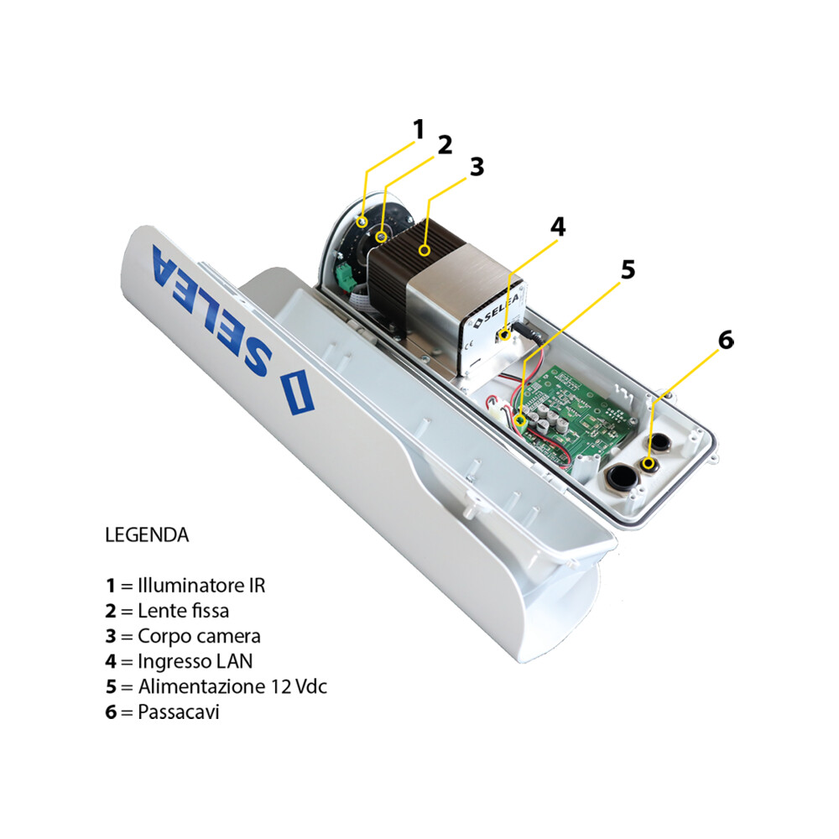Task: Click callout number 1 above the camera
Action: coord(419,129)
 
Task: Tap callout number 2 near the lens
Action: coord(445,145)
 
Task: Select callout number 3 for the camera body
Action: coord(477,166)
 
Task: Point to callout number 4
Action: coord(558,227)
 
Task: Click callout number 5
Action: coord(628,269)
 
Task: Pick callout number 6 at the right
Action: coord(726,340)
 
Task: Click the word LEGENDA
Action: coord(147,534)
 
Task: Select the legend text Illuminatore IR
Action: coord(201,585)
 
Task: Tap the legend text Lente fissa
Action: coord(183,611)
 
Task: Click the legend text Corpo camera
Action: coord(199,636)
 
